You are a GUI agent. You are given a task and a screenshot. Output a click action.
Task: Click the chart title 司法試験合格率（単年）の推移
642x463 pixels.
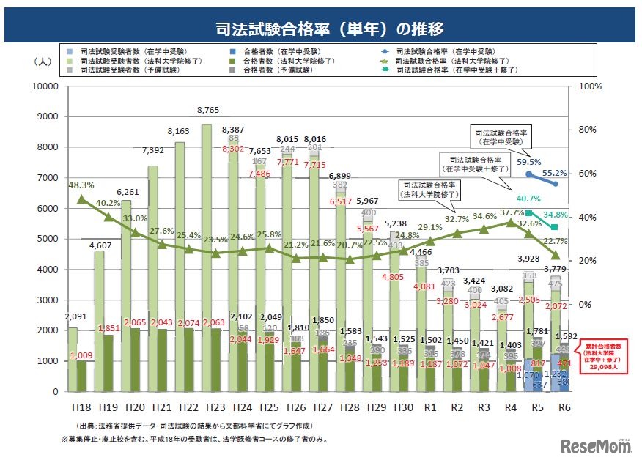(320, 29)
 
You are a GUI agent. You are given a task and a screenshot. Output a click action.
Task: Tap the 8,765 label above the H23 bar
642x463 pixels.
(212, 110)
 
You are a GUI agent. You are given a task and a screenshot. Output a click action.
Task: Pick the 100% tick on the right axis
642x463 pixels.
(589, 86)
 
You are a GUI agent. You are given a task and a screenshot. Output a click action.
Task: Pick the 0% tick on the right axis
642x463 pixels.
(584, 304)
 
